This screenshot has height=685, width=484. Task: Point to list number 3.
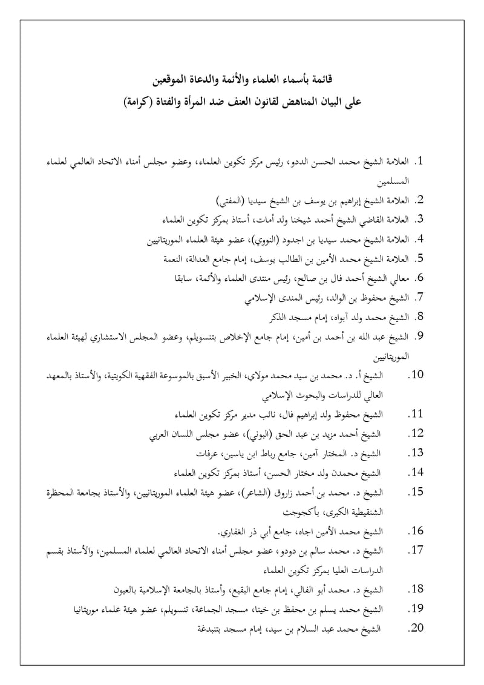419,218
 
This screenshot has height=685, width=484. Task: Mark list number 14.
416,473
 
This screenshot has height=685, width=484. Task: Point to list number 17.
416,551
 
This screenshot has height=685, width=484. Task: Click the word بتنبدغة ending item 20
208,629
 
